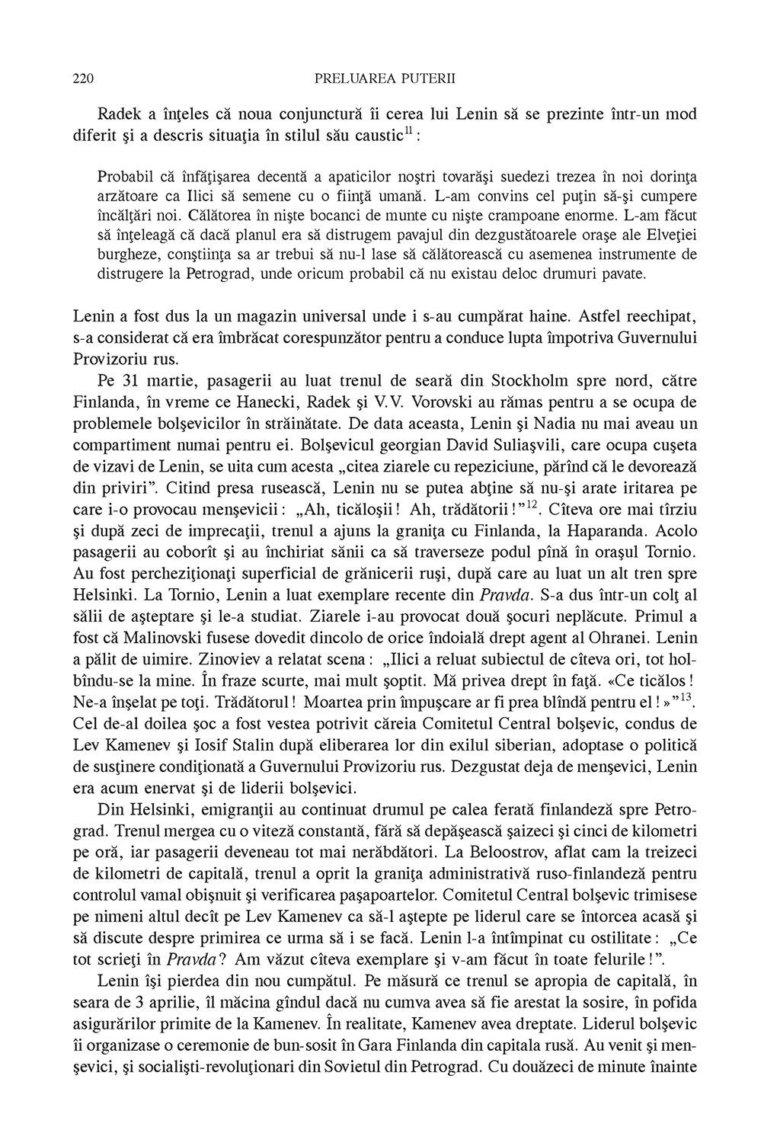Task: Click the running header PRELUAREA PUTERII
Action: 384,78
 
